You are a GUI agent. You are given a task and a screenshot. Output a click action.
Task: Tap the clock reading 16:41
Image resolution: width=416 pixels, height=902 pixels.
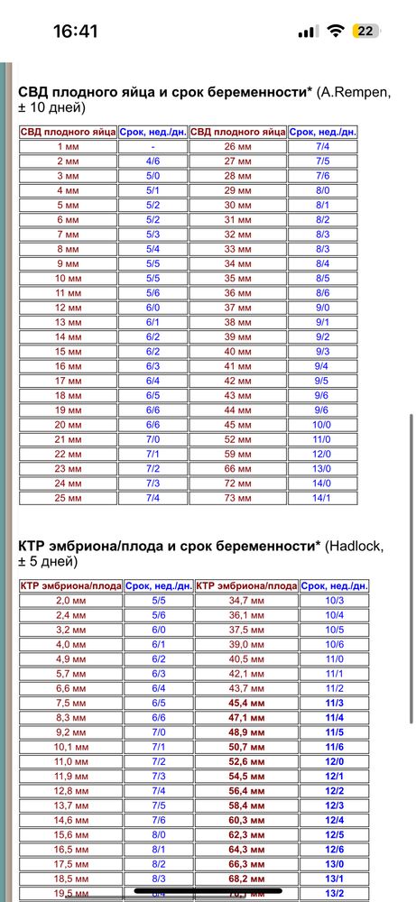[75, 31]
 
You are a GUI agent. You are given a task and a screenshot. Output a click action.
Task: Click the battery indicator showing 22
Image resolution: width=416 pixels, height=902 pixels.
[366, 31]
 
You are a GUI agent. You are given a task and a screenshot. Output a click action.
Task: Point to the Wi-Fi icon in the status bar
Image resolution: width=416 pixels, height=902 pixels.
[336, 31]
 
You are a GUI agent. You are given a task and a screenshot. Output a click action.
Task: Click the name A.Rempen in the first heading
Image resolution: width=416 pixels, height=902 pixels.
[355, 91]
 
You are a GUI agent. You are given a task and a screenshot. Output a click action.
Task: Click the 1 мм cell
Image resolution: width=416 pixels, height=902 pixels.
[68, 146]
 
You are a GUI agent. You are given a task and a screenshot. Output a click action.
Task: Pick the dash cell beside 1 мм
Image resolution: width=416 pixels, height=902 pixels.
[153, 146]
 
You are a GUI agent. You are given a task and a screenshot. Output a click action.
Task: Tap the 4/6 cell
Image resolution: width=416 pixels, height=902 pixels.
[153, 161]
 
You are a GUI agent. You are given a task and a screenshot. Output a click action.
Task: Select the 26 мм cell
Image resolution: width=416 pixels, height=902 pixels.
[237, 146]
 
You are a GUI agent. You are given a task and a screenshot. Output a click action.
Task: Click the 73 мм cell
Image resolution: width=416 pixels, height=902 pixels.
[237, 498]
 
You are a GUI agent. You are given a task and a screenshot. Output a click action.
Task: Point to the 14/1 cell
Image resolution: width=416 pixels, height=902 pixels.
[322, 498]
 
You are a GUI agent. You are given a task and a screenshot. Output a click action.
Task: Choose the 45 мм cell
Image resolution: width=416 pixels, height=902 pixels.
[237, 425]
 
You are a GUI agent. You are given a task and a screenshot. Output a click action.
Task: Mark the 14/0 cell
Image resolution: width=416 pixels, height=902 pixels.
[322, 483]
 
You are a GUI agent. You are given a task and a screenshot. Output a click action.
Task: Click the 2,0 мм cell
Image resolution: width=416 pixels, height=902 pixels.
[69, 600]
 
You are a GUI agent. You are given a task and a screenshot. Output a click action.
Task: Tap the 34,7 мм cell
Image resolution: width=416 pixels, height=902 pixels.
[245, 600]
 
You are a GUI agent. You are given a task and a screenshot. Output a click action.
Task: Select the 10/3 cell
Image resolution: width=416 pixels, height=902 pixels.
[335, 600]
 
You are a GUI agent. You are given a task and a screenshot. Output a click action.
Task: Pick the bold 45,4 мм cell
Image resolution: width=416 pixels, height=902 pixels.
[245, 703]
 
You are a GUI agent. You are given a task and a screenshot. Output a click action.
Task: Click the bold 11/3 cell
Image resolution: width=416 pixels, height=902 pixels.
[335, 703]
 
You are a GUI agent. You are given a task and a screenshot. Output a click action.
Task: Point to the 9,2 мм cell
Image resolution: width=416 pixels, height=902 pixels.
[69, 732]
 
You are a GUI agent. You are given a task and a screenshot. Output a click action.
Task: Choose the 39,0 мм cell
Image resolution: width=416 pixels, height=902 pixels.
[245, 644]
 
